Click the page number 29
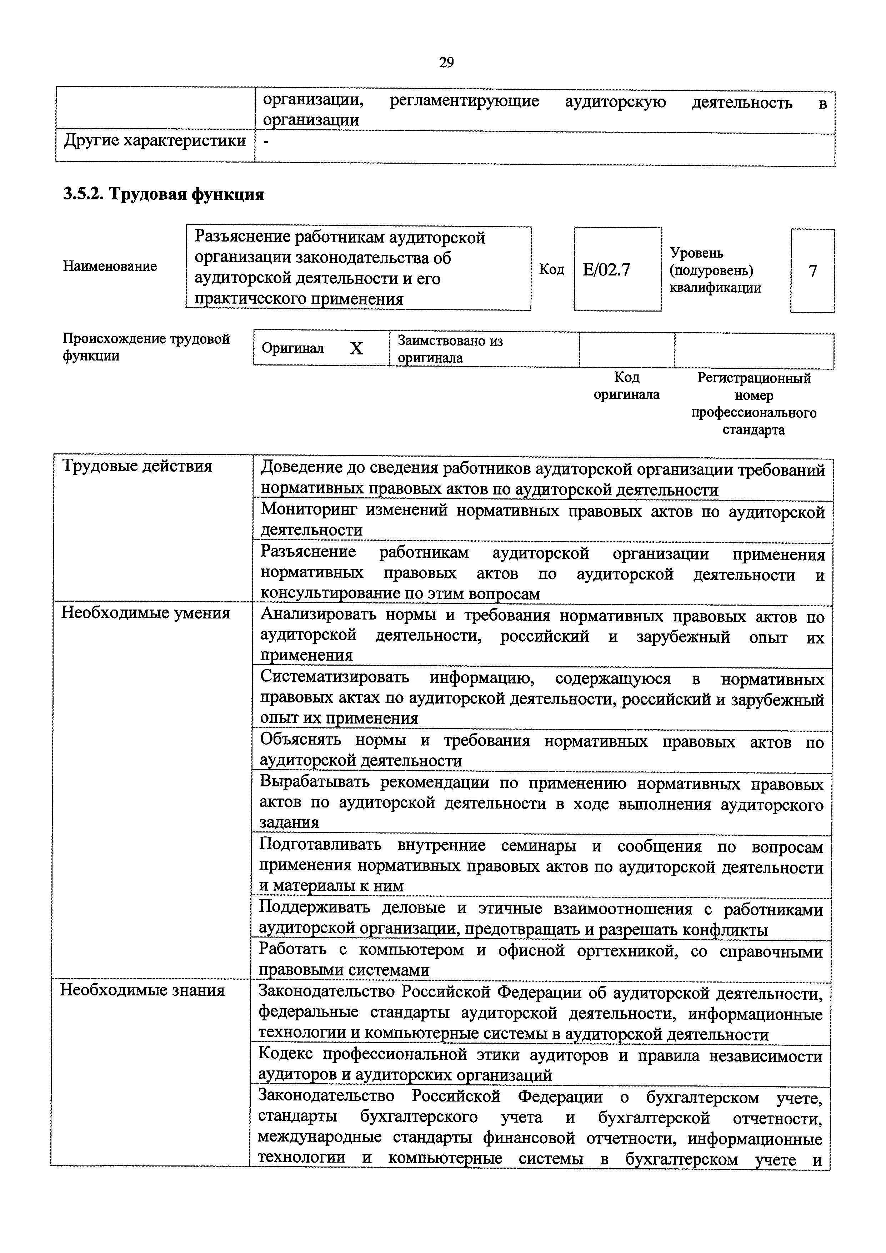pyautogui.click(x=446, y=63)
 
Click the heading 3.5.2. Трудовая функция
pyautogui.click(x=164, y=194)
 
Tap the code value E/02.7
pyautogui.click(x=606, y=270)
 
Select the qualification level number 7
pyautogui.click(x=812, y=271)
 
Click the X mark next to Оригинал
pyautogui.click(x=356, y=349)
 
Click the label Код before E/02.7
pyautogui.click(x=552, y=270)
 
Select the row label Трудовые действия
pyautogui.click(x=137, y=466)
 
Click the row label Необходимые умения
pyautogui.click(x=146, y=613)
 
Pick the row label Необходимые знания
pyautogui.click(x=142, y=990)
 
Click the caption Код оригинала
pyautogui.click(x=626, y=386)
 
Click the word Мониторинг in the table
pyautogui.click(x=309, y=510)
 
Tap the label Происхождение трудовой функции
pyautogui.click(x=146, y=347)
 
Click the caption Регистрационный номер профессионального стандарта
pyautogui.click(x=754, y=403)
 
